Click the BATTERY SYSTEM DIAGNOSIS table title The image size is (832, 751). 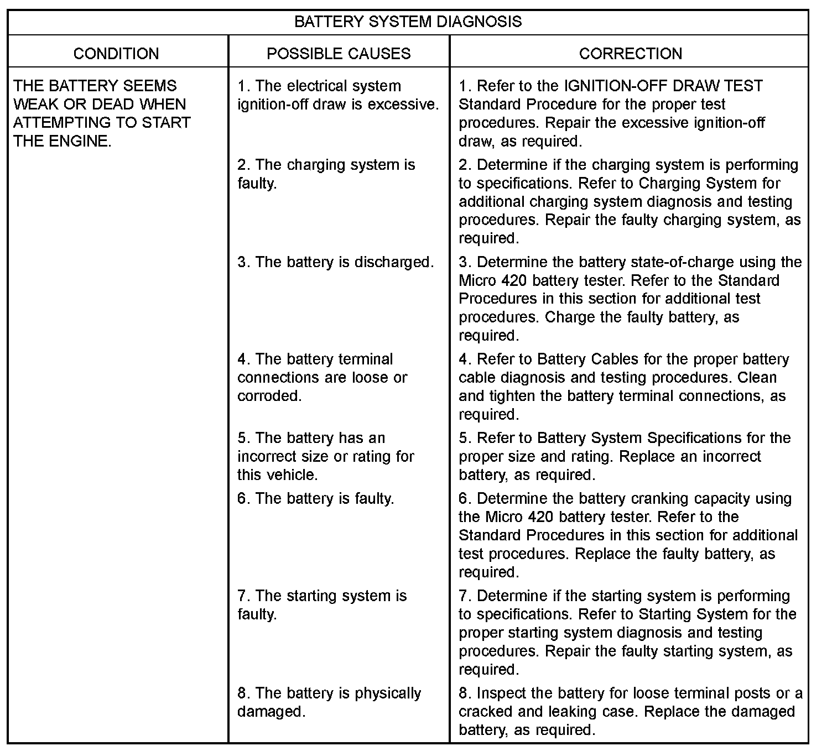click(x=408, y=22)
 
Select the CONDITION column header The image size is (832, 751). click(x=116, y=54)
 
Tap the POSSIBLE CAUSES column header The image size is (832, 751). click(x=339, y=54)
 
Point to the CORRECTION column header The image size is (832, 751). click(x=630, y=54)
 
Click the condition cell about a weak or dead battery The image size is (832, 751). click(x=102, y=113)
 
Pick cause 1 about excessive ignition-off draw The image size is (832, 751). click(x=337, y=95)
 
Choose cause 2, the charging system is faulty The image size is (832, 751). click(x=326, y=174)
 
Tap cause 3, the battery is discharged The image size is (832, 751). click(x=336, y=262)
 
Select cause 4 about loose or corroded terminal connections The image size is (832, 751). click(x=323, y=378)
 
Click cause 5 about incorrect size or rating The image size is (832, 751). click(x=326, y=456)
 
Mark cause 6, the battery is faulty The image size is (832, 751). click(x=316, y=499)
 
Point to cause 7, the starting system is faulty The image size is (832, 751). click(x=322, y=605)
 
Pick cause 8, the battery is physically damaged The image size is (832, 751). click(x=329, y=702)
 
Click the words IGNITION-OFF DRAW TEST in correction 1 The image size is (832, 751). click(x=663, y=86)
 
